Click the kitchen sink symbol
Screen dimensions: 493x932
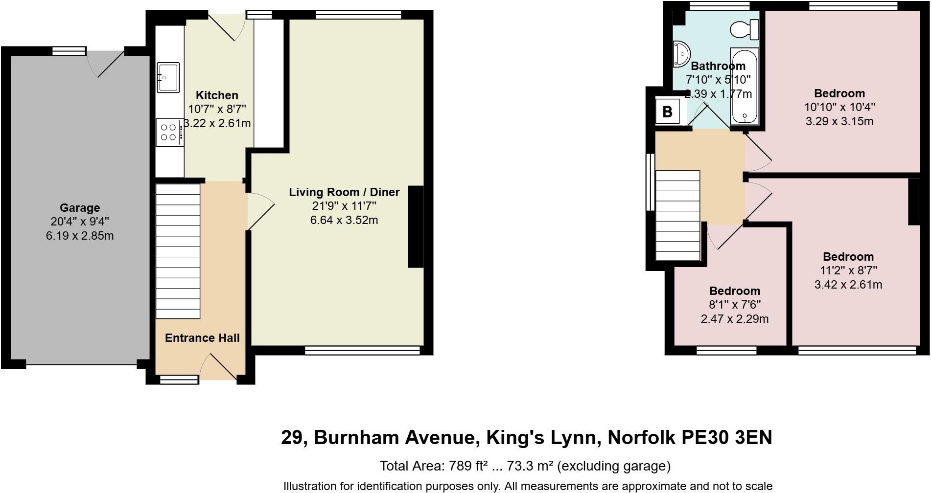168,77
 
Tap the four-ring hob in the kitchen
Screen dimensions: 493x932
169,132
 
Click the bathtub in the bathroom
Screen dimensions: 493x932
744,86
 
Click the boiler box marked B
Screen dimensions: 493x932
667,112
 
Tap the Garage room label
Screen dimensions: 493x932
80,208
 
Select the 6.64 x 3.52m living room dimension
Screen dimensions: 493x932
344,220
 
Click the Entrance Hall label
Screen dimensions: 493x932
202,338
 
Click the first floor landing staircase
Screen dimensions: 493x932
678,216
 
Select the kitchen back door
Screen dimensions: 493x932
226,27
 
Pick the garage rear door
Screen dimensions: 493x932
105,64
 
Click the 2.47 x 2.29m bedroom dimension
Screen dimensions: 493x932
735,319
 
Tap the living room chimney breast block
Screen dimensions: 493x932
416,226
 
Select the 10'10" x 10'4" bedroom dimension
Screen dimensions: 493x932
839,107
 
